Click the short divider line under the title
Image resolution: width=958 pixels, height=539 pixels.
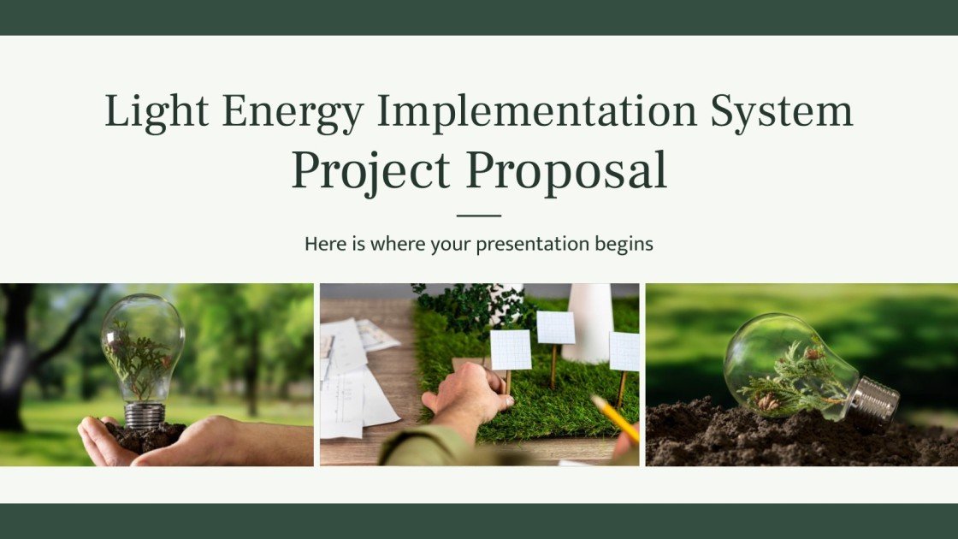point(479,216)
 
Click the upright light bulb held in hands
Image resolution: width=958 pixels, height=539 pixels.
point(142,351)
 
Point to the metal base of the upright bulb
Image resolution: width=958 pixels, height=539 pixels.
point(144,415)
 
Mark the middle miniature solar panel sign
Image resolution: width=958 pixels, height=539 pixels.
point(555,328)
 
